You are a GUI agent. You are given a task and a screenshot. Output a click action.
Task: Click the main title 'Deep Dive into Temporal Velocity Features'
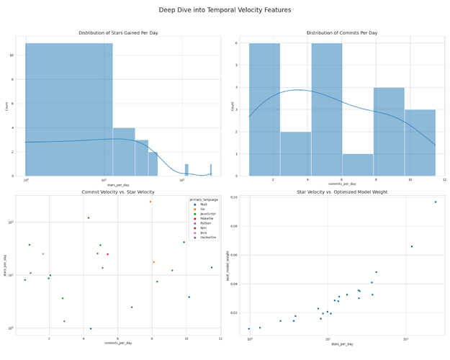pos(225,10)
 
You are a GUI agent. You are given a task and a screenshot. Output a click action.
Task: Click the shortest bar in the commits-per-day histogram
pos(358,165)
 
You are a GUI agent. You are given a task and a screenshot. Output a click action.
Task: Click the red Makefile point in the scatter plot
pos(108,254)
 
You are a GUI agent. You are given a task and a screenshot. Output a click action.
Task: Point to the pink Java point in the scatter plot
pos(42,253)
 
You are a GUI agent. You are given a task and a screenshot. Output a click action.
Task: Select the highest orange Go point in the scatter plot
pos(150,202)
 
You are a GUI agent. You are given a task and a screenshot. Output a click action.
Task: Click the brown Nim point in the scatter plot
pos(131,307)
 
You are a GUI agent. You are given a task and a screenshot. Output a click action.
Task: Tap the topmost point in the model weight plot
pos(435,202)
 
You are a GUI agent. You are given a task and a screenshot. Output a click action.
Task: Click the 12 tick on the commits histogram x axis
pos(444,180)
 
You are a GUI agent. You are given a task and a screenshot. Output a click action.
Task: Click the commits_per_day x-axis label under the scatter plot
pos(117,343)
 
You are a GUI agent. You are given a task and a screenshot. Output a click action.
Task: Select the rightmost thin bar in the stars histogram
pos(211,170)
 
